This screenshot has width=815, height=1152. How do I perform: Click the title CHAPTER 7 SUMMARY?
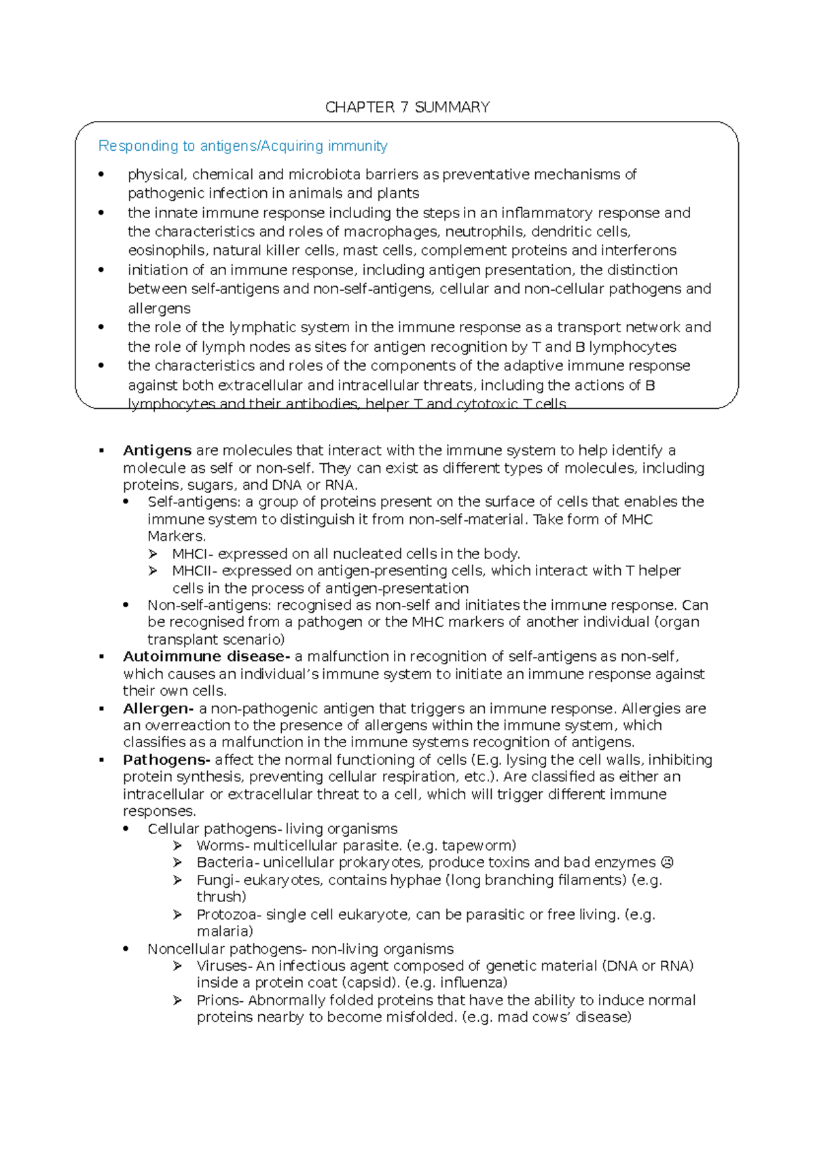click(407, 107)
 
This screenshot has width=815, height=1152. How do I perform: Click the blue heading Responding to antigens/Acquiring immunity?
click(242, 146)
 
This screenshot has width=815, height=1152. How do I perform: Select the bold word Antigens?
click(157, 450)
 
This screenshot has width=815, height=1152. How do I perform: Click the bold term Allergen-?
click(158, 708)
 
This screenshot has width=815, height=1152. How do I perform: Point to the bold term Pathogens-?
click(166, 760)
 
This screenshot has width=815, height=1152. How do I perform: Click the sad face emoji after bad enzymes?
click(667, 863)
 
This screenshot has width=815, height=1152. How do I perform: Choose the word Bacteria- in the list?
click(227, 863)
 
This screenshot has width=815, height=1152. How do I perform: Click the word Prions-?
click(220, 1001)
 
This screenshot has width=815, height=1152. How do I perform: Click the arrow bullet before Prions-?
click(177, 1001)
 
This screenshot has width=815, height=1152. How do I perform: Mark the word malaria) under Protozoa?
click(224, 931)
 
